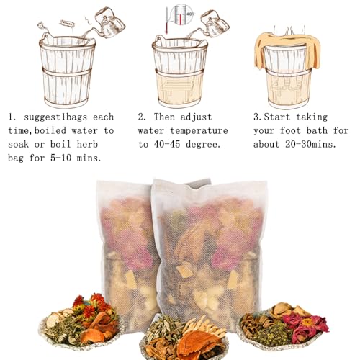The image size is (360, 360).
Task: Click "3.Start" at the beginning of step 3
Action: (273, 116)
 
